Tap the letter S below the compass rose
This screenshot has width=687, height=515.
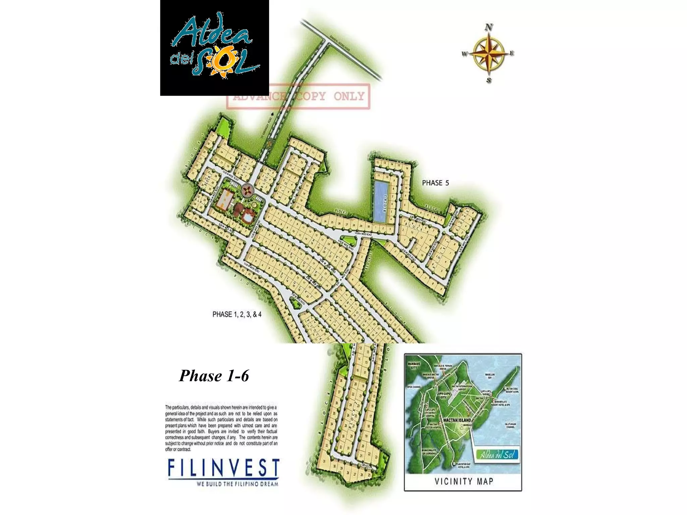tap(489, 80)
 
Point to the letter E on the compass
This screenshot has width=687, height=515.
tap(512, 53)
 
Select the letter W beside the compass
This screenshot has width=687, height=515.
tap(465, 54)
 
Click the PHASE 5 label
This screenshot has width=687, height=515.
tap(435, 183)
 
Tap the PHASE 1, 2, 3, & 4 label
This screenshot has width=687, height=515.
tap(237, 314)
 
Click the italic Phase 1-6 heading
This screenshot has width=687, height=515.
tap(214, 376)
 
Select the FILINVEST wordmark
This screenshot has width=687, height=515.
tap(223, 468)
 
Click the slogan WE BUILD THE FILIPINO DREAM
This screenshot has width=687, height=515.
tap(237, 484)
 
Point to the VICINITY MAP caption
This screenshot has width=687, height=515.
tap(464, 482)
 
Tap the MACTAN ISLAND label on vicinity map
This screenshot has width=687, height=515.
tap(457, 420)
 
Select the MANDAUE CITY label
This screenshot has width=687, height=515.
tap(412, 365)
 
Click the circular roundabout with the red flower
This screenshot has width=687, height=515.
tap(247, 191)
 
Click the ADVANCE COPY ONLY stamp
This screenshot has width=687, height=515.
tap(298, 97)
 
